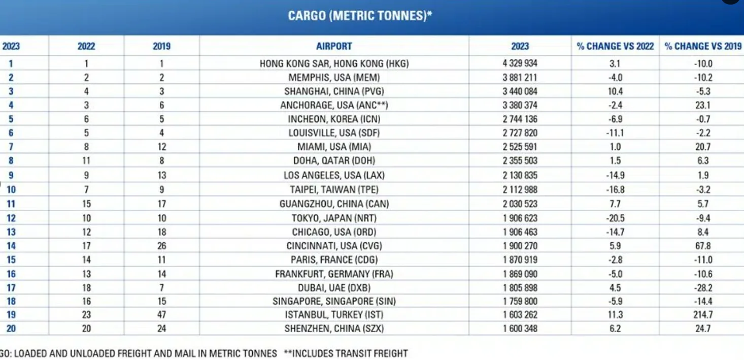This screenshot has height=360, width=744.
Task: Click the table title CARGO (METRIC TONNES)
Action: pyautogui.click(x=360, y=16)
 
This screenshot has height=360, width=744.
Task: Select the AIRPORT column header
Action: pyautogui.click(x=334, y=46)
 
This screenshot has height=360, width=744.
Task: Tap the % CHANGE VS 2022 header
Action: pyautogui.click(x=615, y=46)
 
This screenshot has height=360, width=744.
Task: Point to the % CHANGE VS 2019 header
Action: pyautogui.click(x=703, y=46)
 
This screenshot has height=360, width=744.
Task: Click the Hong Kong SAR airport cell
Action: pyautogui.click(x=334, y=64)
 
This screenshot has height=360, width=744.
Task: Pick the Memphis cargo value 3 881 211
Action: pyautogui.click(x=520, y=78)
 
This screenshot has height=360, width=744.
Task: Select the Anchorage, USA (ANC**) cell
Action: pyautogui.click(x=334, y=106)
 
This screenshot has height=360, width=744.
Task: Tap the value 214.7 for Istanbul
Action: pyautogui.click(x=703, y=315)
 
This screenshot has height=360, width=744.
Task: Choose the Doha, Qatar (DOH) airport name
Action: pyautogui.click(x=334, y=161)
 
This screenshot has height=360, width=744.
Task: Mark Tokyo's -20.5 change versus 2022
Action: pyautogui.click(x=615, y=218)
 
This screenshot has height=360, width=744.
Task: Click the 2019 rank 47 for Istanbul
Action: pyautogui.click(x=161, y=315)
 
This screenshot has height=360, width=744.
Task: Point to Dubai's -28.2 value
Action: pyautogui.click(x=703, y=287)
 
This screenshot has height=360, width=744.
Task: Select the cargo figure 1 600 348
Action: pyautogui.click(x=520, y=329)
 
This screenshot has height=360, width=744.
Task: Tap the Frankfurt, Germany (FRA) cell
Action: pyautogui.click(x=334, y=274)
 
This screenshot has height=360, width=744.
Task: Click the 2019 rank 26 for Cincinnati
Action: pyautogui.click(x=161, y=246)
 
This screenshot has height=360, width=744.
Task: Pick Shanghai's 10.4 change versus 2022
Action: pyautogui.click(x=615, y=91)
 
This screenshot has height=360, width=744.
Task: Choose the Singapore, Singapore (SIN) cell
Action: pyautogui.click(x=334, y=301)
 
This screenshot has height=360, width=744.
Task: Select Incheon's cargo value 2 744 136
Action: pyautogui.click(x=520, y=119)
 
